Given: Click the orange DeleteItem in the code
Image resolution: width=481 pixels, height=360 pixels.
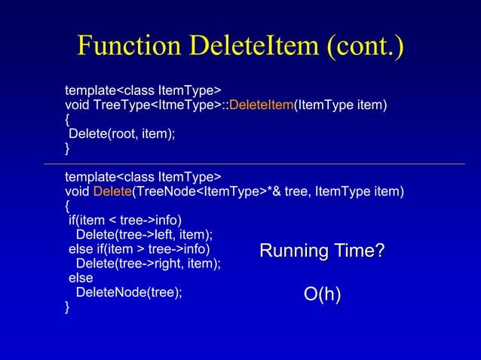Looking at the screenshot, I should tap(261, 105).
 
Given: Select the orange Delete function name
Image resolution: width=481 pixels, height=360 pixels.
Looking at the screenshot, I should tap(112, 191).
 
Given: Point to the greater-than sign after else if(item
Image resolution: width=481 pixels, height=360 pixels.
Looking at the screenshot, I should tap(141, 249).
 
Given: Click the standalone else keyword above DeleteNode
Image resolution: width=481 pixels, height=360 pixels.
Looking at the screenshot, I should tap(81, 278).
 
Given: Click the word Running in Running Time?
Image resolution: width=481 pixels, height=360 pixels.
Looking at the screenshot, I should tap(288, 251).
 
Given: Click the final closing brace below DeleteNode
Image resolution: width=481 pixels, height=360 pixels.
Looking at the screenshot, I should tap(68, 307).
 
